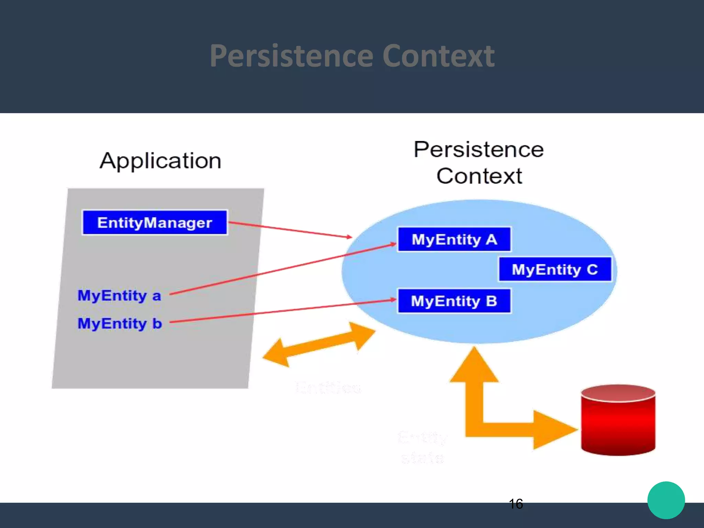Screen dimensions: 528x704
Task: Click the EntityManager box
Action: coord(155,223)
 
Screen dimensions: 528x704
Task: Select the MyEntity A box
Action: coord(454,240)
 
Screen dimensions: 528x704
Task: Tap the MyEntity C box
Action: coord(555,269)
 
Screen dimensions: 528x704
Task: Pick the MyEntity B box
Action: coord(454,301)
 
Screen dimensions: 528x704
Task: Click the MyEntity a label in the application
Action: coord(119,296)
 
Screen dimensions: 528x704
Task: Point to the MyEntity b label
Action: coord(120,323)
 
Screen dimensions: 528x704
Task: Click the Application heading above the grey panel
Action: coord(160,161)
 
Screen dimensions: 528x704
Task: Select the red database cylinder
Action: coord(618,420)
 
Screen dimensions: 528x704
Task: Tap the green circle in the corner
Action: coord(666,500)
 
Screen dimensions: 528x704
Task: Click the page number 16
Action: coord(516,504)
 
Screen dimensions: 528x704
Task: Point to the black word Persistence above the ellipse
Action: coord(478,150)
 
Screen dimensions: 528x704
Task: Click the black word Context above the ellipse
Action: coord(479,176)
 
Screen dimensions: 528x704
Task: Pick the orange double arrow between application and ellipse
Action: coord(319,345)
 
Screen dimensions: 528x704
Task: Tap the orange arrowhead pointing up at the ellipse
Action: coord(474,366)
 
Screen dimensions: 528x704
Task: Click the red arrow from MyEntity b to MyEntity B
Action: coord(282,311)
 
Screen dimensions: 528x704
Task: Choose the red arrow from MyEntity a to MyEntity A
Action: coord(282,269)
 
